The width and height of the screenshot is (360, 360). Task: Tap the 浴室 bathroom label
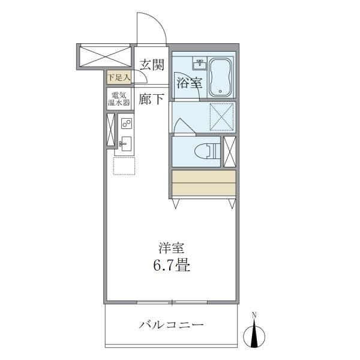pos(188,83)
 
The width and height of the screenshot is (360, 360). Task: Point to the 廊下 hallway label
pos(151,99)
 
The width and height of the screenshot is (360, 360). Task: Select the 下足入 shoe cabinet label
pos(119,77)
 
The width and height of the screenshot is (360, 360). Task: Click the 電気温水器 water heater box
pos(119,99)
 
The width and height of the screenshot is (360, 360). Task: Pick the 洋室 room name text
pos(171,247)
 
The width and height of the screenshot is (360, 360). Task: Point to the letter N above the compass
pos(254,315)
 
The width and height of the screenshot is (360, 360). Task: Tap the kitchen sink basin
pos(126,144)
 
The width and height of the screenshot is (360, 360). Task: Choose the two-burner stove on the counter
pos(126,124)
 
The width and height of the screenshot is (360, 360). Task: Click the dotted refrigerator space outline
pos(124,166)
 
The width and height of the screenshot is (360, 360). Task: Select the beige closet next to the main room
pos(203,183)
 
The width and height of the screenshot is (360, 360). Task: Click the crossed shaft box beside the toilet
pos(229,151)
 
